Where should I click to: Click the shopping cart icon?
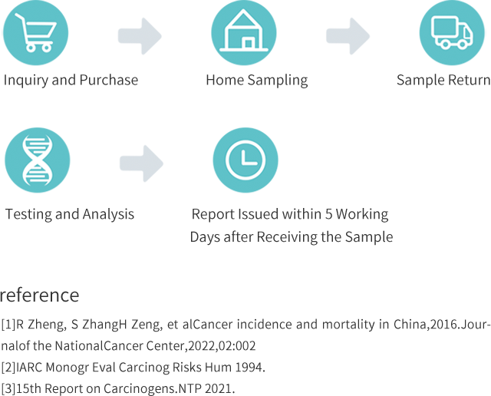coord(36,33)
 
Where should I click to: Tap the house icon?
coord(245,31)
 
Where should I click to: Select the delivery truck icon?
coord(452,32)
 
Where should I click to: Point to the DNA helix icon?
coord(36,160)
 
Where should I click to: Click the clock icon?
coord(245,160)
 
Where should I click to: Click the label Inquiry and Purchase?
coord(71,80)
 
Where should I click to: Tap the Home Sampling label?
coord(256,80)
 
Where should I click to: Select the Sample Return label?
coord(443,80)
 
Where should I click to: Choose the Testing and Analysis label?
coord(70,214)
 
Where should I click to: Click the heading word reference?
coord(39,295)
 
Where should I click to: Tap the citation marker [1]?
coord(7,325)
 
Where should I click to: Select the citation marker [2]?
coord(7,368)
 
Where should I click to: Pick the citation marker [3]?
coord(7,388)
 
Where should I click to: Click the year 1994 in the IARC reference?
coord(249,368)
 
